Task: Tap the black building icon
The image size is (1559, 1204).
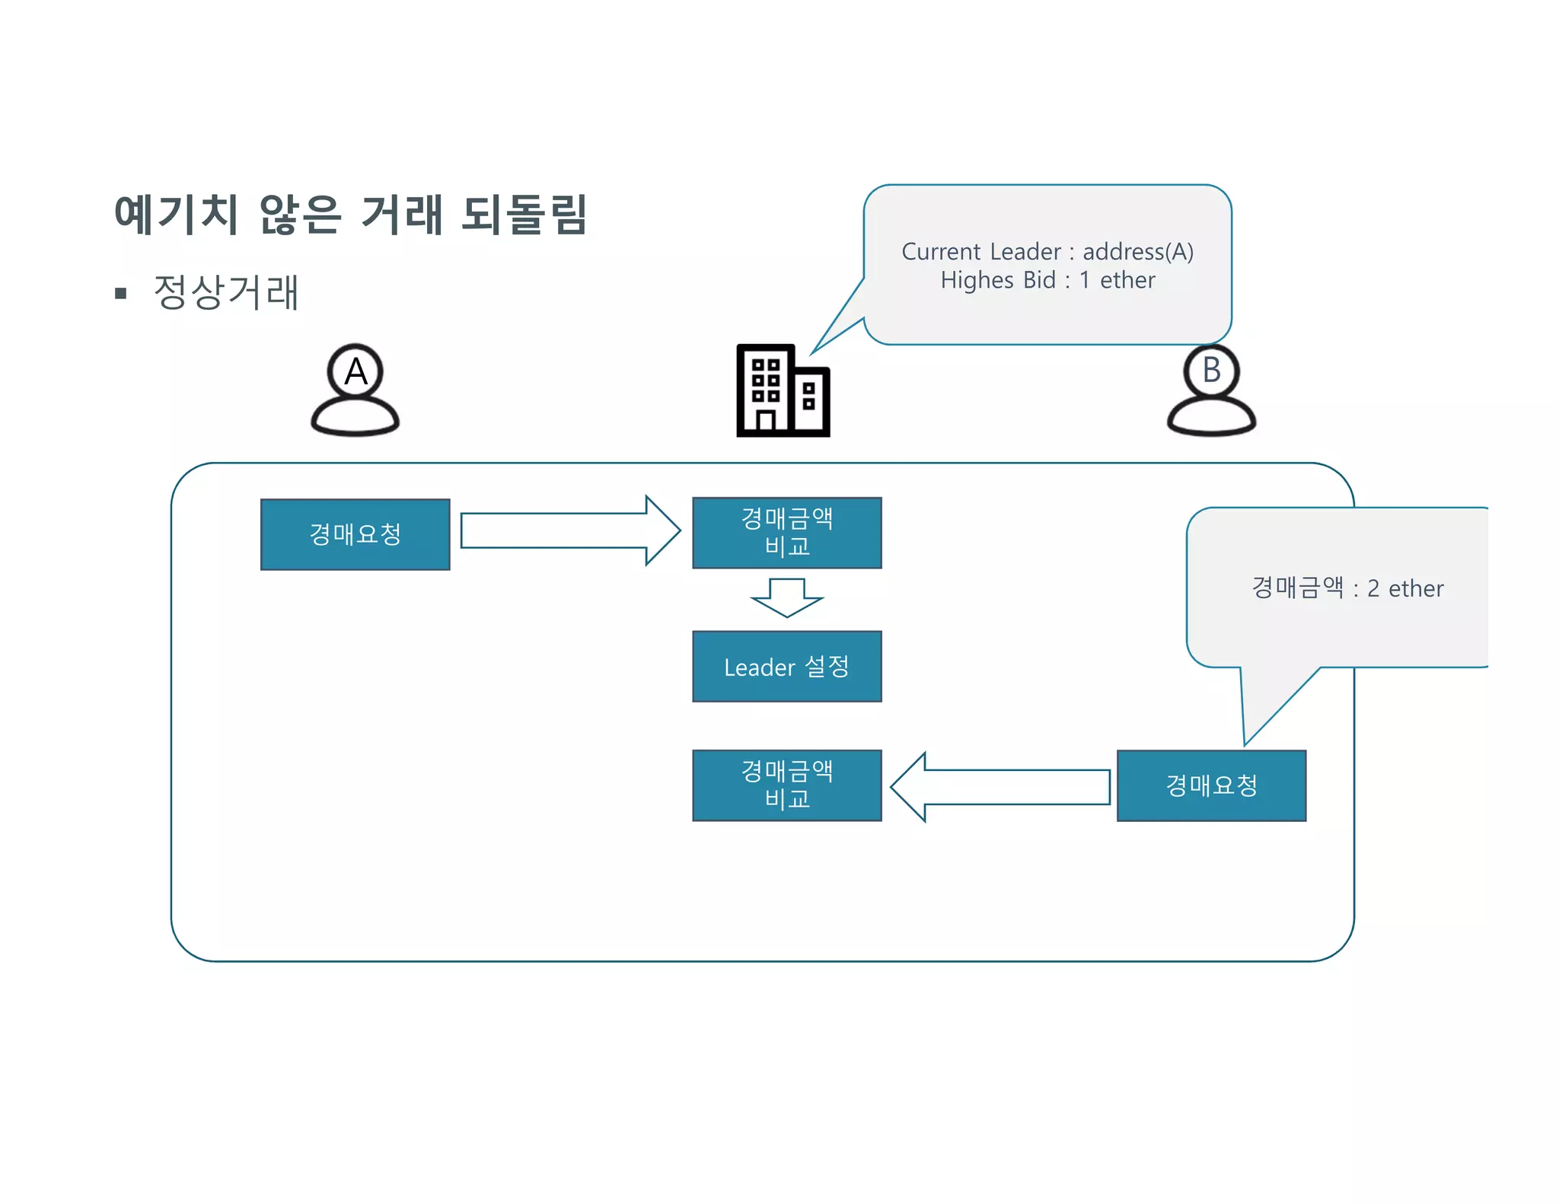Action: point(783,391)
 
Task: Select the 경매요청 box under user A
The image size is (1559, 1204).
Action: point(355,534)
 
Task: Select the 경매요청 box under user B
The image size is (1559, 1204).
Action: point(1211,785)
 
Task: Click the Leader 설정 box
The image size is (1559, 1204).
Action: point(786,667)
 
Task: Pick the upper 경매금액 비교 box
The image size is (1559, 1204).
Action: point(786,533)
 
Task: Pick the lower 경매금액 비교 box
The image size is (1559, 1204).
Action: point(786,785)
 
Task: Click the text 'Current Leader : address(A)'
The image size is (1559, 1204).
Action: point(1047,252)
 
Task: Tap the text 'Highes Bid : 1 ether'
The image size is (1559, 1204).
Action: point(1047,281)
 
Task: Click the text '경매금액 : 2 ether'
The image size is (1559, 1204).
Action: point(1347,588)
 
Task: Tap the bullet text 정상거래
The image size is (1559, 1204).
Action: point(226,292)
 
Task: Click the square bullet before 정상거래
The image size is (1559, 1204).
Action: point(120,293)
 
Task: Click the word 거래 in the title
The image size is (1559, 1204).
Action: point(401,214)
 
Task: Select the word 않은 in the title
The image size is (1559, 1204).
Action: point(300,214)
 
